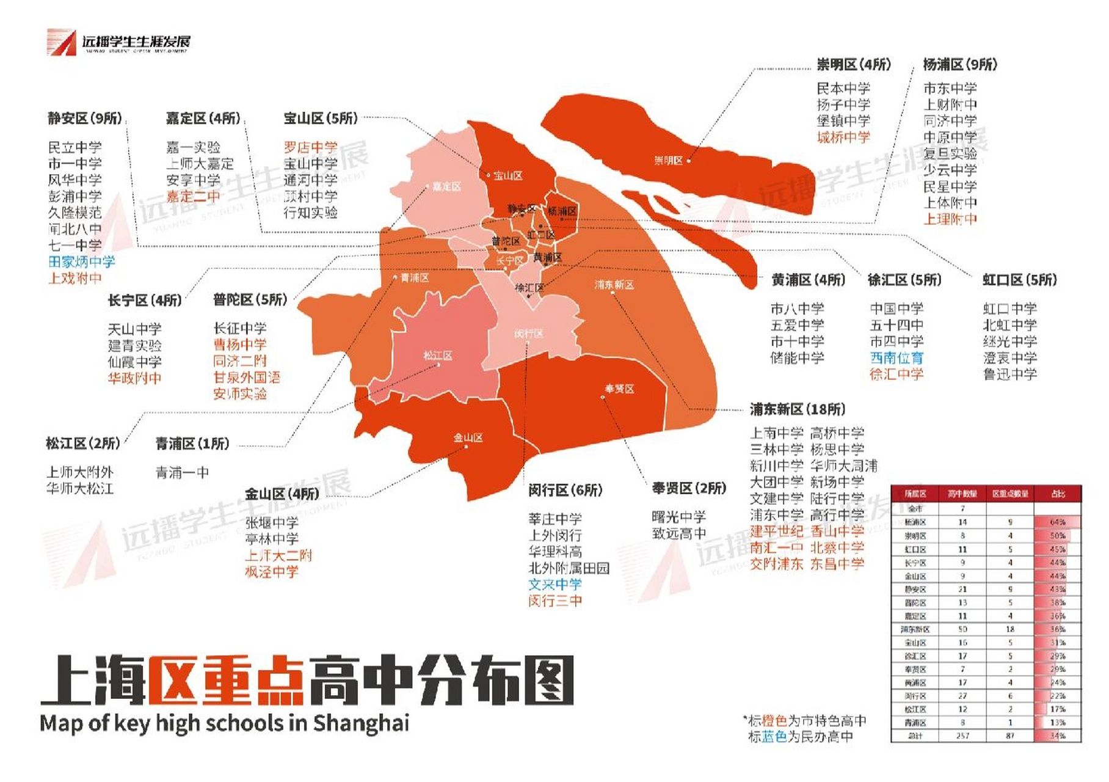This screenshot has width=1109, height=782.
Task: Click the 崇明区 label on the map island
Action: (668, 161)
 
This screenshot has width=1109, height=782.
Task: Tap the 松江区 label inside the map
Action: (438, 356)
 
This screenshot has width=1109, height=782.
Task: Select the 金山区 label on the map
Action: (468, 437)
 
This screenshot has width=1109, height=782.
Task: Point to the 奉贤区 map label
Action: (619, 389)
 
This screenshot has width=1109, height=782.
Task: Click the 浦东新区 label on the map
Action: (614, 285)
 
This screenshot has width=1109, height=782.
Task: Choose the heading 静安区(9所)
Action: (85, 118)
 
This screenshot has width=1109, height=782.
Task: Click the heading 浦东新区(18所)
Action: (798, 409)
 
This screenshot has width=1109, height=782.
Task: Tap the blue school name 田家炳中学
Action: (81, 262)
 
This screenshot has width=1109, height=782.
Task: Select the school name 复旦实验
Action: (950, 153)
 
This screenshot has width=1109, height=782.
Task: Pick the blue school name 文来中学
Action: (554, 585)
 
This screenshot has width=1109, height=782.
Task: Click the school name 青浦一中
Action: (182, 472)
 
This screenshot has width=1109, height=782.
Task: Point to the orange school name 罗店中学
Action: (310, 147)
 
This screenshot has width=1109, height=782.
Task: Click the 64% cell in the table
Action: (1058, 522)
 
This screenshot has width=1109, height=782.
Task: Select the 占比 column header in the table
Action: (1058, 494)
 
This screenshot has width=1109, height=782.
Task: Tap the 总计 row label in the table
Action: (915, 736)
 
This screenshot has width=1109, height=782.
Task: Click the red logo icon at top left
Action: (61, 42)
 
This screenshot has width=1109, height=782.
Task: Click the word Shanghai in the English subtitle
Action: (361, 723)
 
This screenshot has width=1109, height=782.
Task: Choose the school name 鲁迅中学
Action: (1009, 374)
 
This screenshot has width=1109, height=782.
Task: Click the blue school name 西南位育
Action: (896, 357)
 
